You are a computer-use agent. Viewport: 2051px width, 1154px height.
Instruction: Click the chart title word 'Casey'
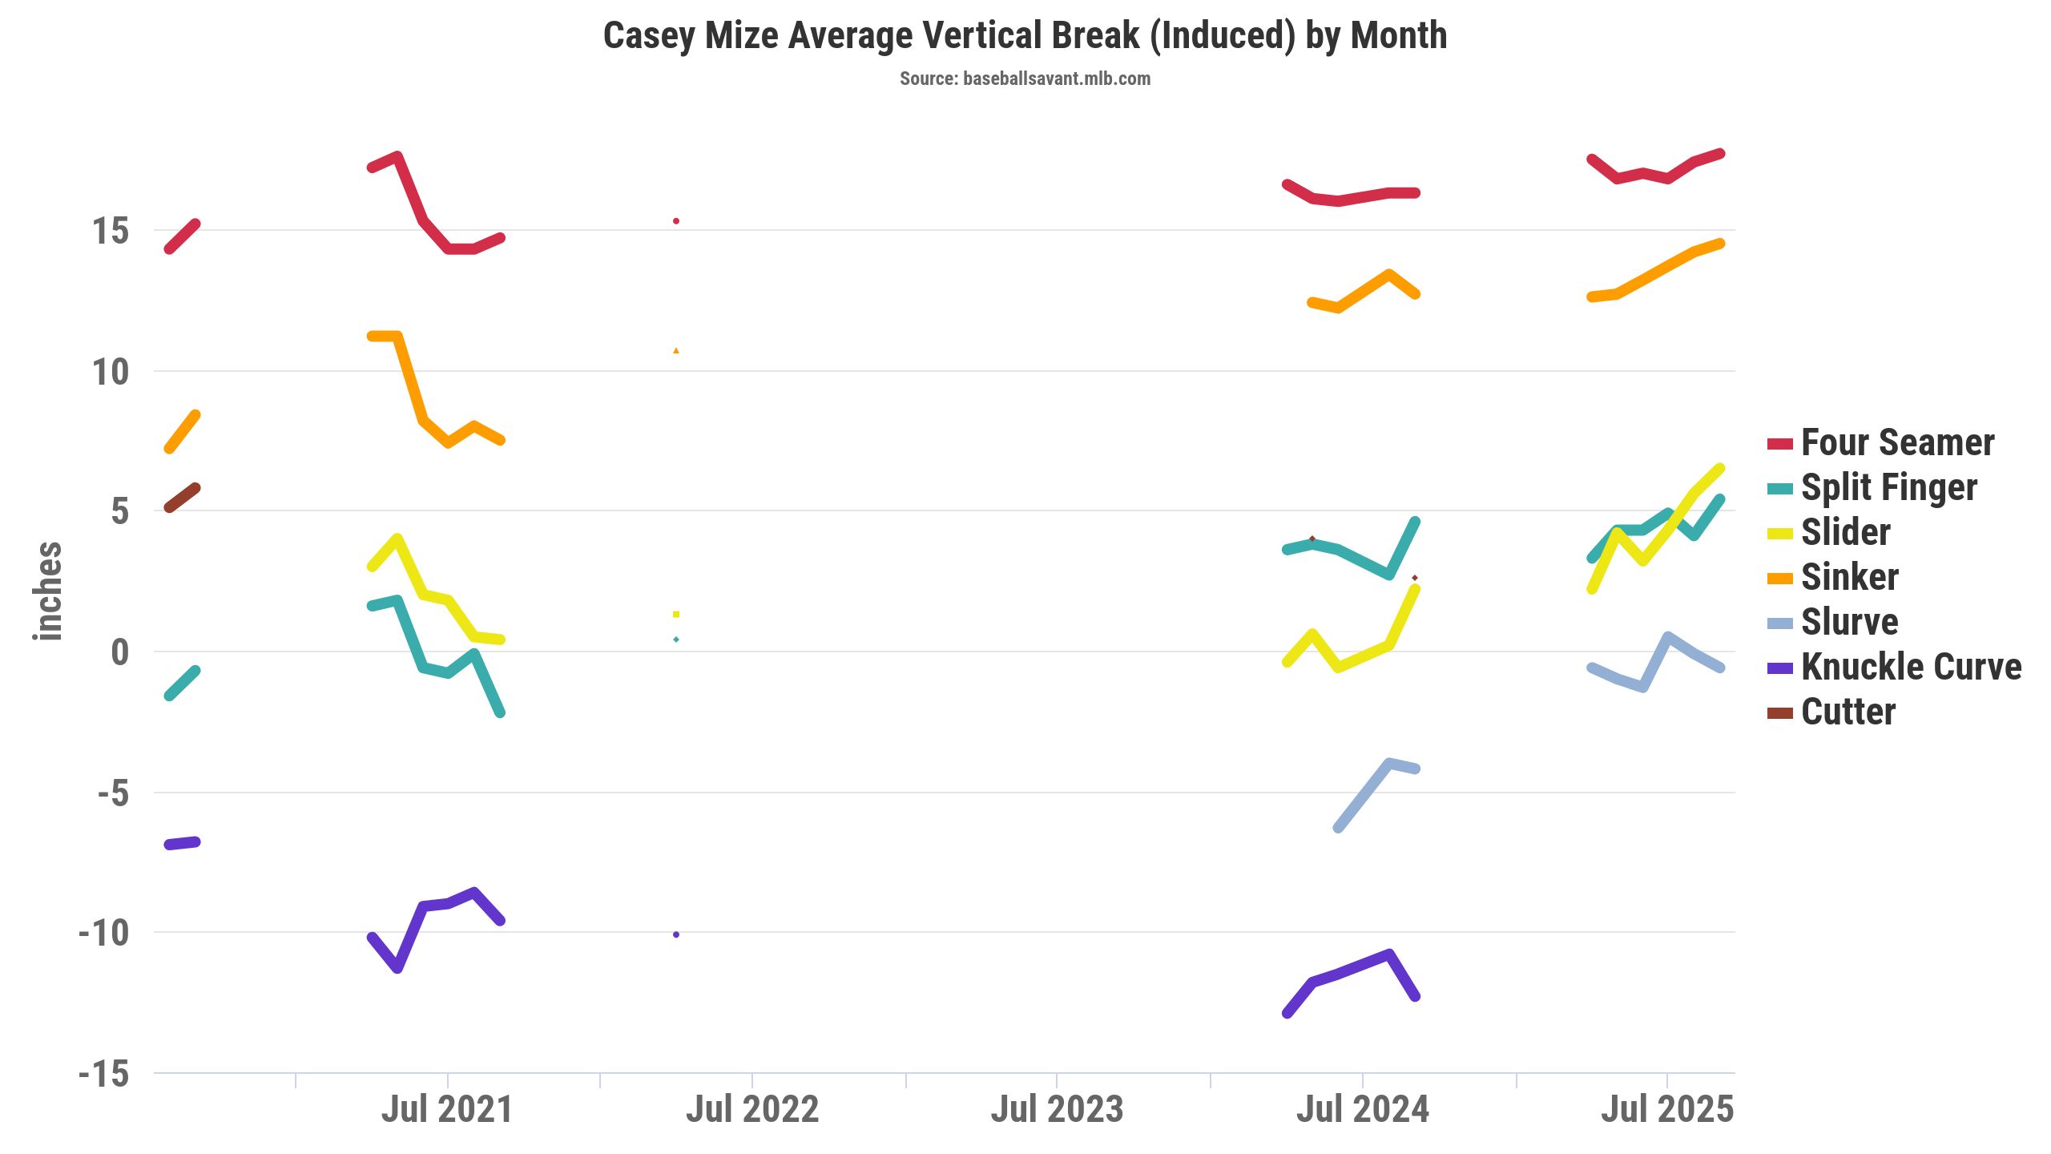pos(650,36)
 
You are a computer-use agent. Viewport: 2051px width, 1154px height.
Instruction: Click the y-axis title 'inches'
pos(48,591)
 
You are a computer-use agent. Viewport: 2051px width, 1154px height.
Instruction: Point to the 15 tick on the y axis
pos(110,231)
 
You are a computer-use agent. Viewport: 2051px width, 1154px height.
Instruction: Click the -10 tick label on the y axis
pos(103,933)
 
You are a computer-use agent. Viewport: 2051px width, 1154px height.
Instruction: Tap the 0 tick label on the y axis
pos(119,652)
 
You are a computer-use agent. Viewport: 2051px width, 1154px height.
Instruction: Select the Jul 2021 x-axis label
pos(446,1109)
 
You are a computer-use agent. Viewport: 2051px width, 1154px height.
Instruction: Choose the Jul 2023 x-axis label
pos(1057,1109)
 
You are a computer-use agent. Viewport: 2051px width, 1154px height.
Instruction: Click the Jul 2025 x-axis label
pos(1667,1109)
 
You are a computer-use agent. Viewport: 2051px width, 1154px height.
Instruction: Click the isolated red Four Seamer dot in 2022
pos(676,221)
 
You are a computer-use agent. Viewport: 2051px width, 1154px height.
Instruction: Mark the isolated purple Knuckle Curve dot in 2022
pos(676,934)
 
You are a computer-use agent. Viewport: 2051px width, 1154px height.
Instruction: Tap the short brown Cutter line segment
pos(182,498)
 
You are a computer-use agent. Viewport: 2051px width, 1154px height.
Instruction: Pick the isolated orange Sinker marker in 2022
pos(676,350)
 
